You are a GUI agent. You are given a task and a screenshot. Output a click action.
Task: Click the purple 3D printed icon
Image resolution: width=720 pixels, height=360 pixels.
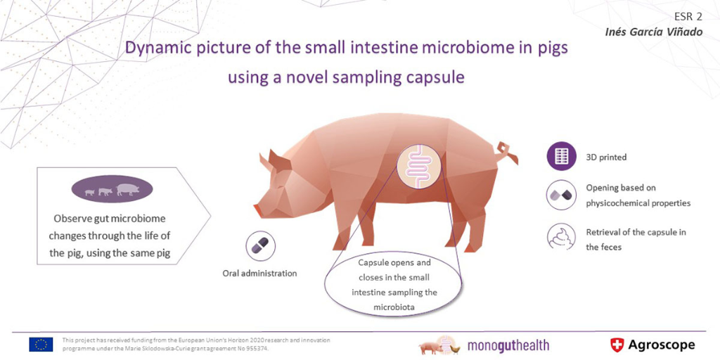click(561, 157)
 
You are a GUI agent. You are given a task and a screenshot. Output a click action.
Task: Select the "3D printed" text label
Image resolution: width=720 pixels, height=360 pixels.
click(606, 157)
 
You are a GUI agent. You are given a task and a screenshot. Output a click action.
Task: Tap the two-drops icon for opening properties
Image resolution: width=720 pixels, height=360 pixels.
click(561, 195)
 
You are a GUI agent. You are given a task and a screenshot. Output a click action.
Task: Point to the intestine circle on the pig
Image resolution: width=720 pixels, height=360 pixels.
click(418, 167)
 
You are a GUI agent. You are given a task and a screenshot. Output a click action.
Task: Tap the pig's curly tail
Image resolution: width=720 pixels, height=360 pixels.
click(506, 153)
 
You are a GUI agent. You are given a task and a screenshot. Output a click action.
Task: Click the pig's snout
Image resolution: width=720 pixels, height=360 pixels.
click(258, 210)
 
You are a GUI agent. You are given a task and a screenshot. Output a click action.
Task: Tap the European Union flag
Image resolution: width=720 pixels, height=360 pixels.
click(41, 345)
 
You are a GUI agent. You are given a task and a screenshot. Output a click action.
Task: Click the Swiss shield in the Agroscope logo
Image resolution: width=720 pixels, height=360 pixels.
click(617, 345)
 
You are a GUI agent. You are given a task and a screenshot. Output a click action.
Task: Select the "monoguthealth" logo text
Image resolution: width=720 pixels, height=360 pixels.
click(508, 345)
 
